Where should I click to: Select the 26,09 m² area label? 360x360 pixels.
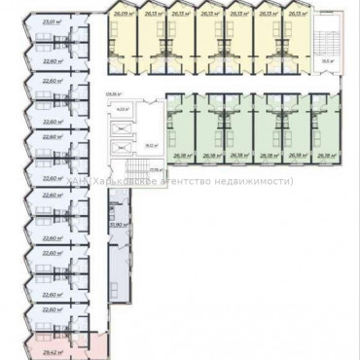tap(121, 15)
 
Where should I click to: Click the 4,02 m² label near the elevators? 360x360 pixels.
tap(122, 109)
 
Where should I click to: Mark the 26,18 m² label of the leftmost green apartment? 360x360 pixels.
tap(181, 155)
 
